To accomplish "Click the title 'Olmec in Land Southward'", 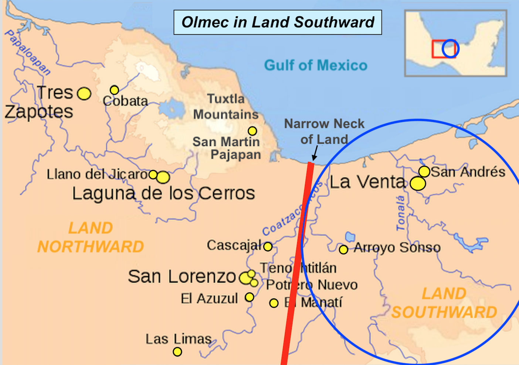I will [278, 22].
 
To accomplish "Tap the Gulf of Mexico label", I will [315, 66].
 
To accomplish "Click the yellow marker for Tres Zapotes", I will [84, 94].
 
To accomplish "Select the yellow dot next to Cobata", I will [114, 90].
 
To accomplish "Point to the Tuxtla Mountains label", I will [225, 107].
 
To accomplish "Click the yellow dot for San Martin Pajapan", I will [252, 131].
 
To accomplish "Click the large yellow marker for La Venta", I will [418, 184].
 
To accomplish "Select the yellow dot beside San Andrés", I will [424, 171].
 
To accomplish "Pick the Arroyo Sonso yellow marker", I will [343, 250].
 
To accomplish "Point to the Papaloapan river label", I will [27, 52].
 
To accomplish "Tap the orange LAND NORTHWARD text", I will [91, 237].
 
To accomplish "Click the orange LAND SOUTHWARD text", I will [444, 303].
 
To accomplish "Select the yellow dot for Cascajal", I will [268, 247].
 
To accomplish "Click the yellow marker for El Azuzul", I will [250, 297].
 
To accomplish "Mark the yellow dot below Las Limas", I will [177, 351].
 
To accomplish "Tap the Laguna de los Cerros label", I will [163, 193].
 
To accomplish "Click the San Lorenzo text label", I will [182, 277].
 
